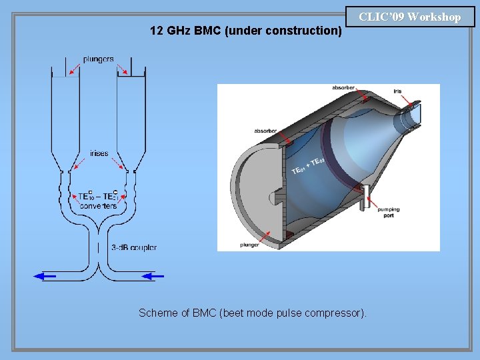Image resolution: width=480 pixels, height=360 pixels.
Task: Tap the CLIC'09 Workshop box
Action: tap(410, 17)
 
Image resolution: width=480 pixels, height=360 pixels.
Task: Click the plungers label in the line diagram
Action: tap(98, 59)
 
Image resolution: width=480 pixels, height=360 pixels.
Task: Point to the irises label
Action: tap(99, 153)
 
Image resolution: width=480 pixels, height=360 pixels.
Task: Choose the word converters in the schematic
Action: tap(98, 205)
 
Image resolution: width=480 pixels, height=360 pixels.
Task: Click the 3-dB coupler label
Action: tap(134, 247)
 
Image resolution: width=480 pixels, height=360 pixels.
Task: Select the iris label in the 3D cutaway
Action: tap(397, 91)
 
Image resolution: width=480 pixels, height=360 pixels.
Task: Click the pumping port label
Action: tap(388, 212)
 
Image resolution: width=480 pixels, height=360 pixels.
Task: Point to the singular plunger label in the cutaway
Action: tap(250, 245)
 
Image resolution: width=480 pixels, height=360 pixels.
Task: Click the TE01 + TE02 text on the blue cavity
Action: tap(307, 167)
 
